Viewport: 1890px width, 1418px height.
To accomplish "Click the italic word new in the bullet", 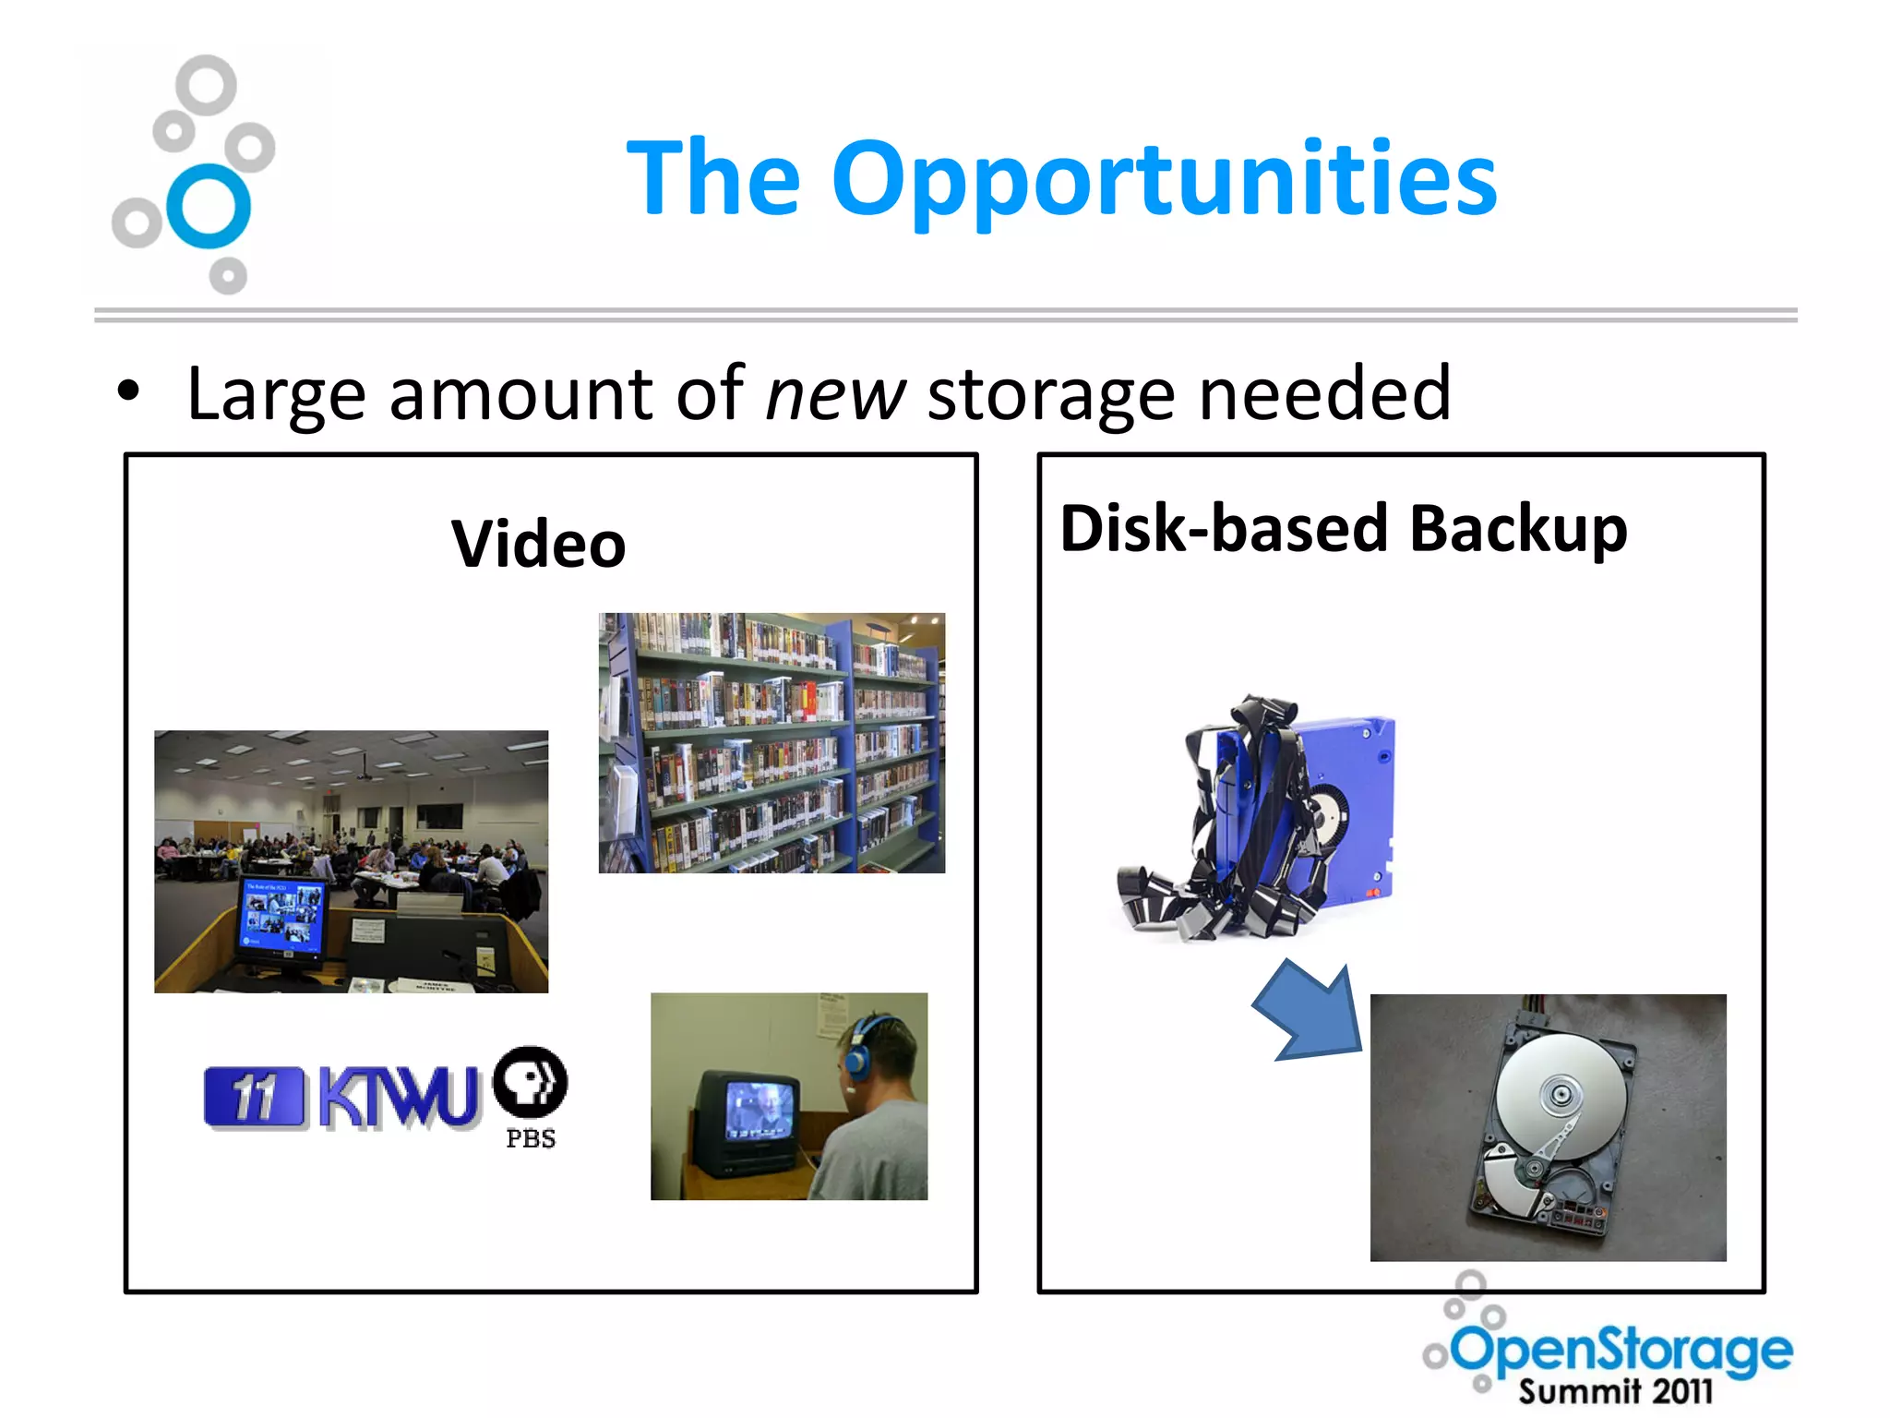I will pyautogui.click(x=835, y=395).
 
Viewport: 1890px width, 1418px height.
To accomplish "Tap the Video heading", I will pyautogui.click(x=539, y=544).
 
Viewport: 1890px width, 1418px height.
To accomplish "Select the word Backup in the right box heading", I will pyautogui.click(x=1518, y=529).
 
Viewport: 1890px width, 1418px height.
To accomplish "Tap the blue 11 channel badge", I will pyautogui.click(x=253, y=1097).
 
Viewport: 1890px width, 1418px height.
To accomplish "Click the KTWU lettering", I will pyautogui.click(x=399, y=1098).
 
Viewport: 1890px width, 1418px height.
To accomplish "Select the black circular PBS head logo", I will pyautogui.click(x=531, y=1082).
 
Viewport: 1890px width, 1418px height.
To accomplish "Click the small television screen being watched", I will pyautogui.click(x=759, y=1108).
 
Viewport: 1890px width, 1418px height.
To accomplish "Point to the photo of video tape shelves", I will pyautogui.click(x=772, y=742).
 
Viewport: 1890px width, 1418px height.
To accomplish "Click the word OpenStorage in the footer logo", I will pyautogui.click(x=1622, y=1350).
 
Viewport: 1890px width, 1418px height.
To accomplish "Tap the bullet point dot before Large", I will pyautogui.click(x=128, y=391).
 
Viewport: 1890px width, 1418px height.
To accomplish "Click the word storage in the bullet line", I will pyautogui.click(x=1050, y=395).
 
